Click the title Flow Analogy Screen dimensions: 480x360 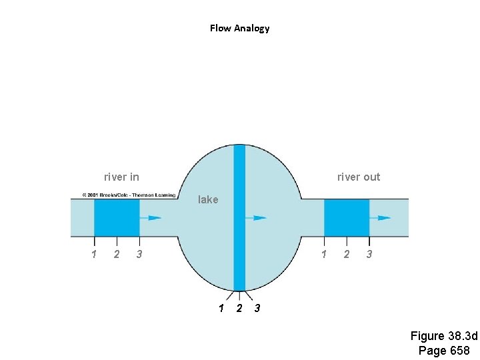pyautogui.click(x=239, y=28)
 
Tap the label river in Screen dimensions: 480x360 pyautogui.click(x=121, y=177)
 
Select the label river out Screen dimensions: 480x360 pyautogui.click(x=359, y=177)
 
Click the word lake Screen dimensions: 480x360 pyautogui.click(x=208, y=199)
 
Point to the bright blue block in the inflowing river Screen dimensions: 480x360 pyautogui.click(x=116, y=217)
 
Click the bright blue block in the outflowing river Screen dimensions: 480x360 pyautogui.click(x=347, y=217)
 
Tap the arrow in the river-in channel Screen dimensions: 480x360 pyautogui.click(x=154, y=217)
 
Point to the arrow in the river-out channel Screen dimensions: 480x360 pyautogui.click(x=384, y=217)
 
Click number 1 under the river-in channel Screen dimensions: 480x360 pyautogui.click(x=94, y=254)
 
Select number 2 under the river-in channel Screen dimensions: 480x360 pyautogui.click(x=117, y=254)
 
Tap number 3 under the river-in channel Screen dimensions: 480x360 pyautogui.click(x=139, y=254)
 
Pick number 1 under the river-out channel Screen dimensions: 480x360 pyautogui.click(x=324, y=254)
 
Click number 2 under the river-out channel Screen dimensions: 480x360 pyautogui.click(x=346, y=254)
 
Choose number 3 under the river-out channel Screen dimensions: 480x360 pyautogui.click(x=369, y=254)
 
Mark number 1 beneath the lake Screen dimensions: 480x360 pyautogui.click(x=221, y=308)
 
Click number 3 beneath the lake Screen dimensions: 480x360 pyautogui.click(x=257, y=308)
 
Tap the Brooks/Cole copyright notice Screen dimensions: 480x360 pyautogui.click(x=129, y=195)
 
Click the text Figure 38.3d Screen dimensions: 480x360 pyautogui.click(x=444, y=336)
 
